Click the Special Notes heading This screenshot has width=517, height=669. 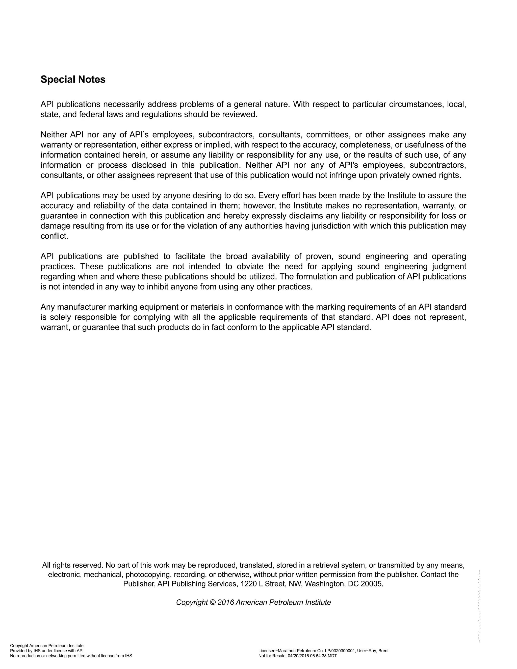[73, 80]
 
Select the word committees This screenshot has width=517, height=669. [328, 135]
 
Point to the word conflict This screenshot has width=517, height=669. [54, 236]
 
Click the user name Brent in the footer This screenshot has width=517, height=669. [383, 651]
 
